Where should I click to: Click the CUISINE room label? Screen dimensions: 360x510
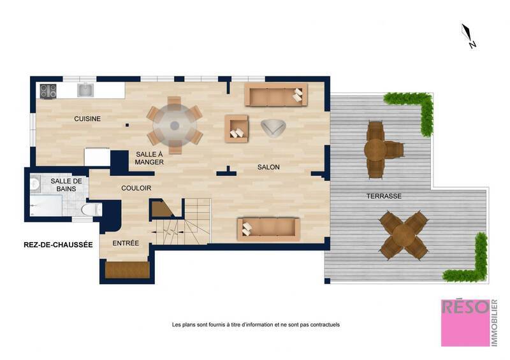tap(87, 119)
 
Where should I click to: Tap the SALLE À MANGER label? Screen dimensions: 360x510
tap(150, 158)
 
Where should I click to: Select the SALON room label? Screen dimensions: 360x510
tap(268, 167)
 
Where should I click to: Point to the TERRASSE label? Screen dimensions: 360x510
tap(384, 196)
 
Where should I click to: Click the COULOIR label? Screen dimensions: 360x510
tap(136, 188)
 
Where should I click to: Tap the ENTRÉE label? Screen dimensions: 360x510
tap(126, 243)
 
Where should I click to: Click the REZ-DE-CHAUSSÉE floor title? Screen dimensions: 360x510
tap(58, 245)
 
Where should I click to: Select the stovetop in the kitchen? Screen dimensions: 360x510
tap(48, 91)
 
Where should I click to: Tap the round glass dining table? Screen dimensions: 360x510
tap(175, 125)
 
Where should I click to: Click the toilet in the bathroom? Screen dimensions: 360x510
tap(92, 209)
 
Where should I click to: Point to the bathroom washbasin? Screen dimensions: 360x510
tap(35, 184)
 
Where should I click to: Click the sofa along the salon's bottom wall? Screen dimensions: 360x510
tap(268, 229)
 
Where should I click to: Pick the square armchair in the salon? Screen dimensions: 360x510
tap(237, 128)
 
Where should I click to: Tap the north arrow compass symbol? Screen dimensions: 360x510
tap(469, 36)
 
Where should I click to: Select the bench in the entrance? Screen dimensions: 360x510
tap(126, 270)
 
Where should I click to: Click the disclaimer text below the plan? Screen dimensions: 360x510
tap(256, 324)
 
